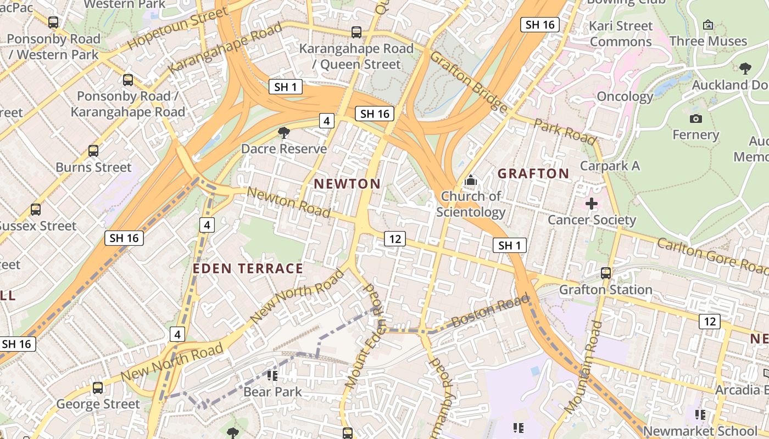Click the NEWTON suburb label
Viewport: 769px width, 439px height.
click(x=347, y=184)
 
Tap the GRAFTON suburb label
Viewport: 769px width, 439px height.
click(x=533, y=174)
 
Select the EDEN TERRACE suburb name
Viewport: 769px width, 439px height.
click(x=248, y=268)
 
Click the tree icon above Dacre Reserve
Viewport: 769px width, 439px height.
click(x=284, y=132)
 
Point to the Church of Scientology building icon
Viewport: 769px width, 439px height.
click(x=470, y=180)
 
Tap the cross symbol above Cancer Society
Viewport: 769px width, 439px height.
click(x=592, y=204)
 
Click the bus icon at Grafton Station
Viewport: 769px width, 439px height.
click(x=606, y=273)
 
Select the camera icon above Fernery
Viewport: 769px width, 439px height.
click(x=695, y=119)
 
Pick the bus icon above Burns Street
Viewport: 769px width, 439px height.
click(x=93, y=150)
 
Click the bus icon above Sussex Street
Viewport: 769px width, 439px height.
click(x=36, y=209)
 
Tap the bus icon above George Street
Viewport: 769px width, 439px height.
click(x=98, y=388)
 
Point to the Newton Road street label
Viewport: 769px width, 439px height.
click(x=288, y=202)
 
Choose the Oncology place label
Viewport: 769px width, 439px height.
click(x=625, y=97)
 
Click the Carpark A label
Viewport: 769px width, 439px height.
click(x=610, y=166)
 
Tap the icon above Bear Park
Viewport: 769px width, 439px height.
click(x=272, y=376)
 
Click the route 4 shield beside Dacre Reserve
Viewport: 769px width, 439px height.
click(x=326, y=121)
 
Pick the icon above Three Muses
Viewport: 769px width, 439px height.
click(x=708, y=25)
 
